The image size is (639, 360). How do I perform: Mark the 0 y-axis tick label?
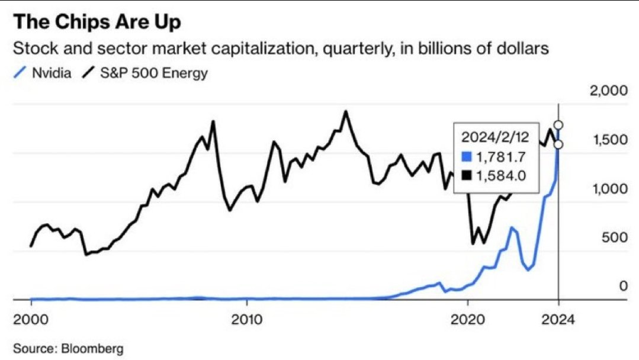pyautogui.click(x=622, y=286)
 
